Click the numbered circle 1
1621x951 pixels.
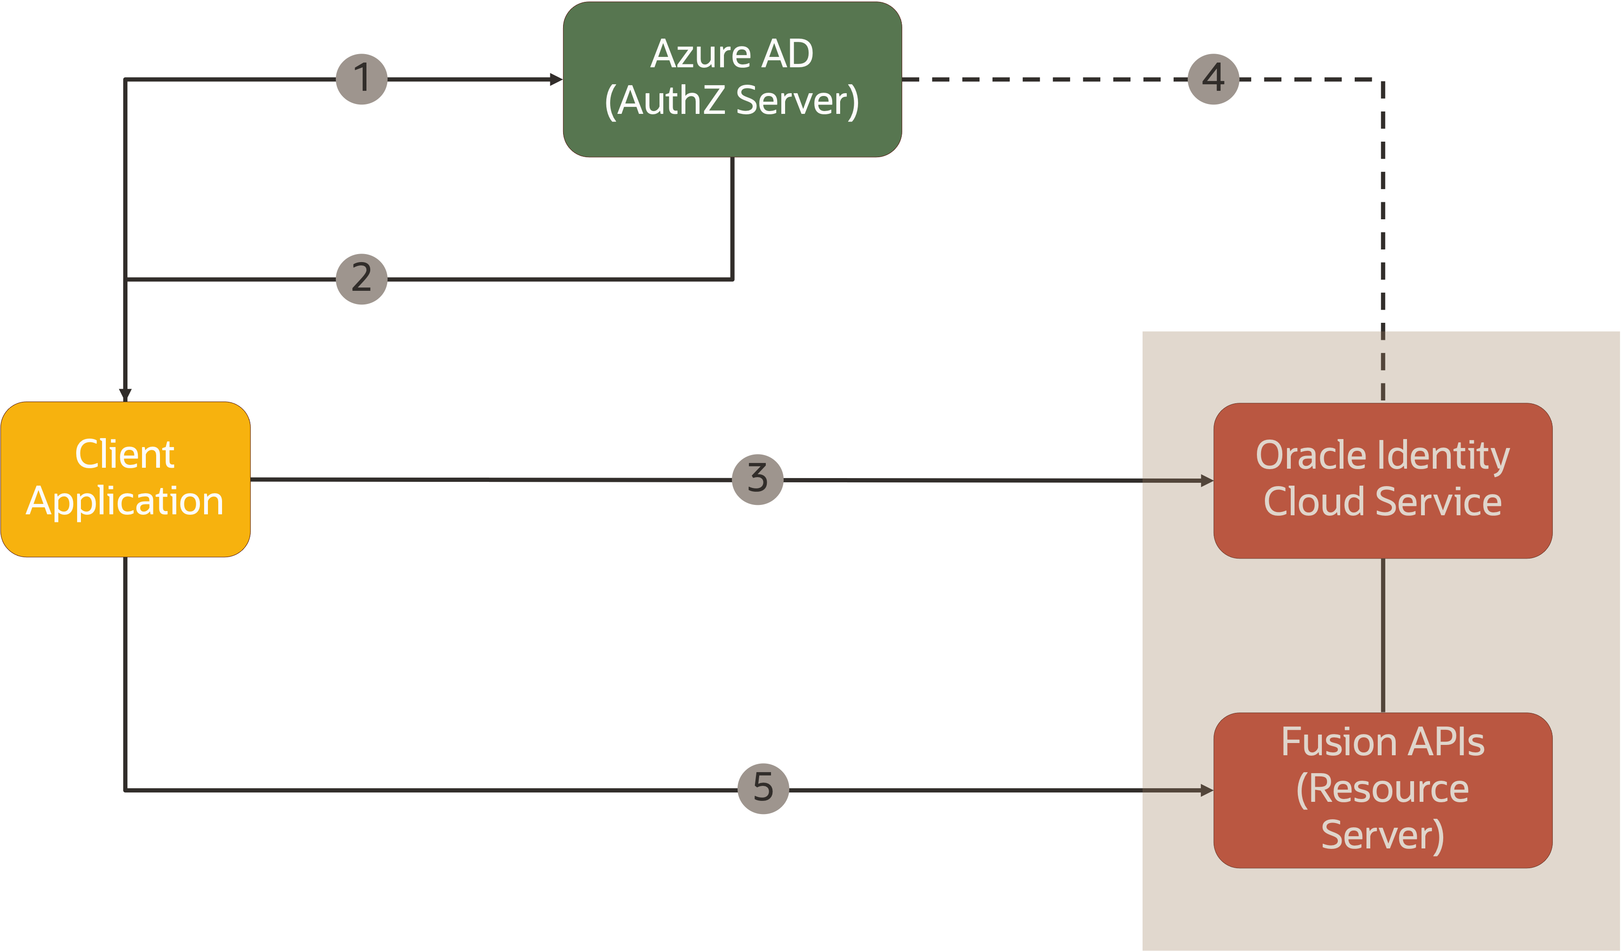point(362,79)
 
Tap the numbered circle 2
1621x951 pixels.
point(362,279)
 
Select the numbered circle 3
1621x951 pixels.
point(758,479)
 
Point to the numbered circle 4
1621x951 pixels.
point(1213,79)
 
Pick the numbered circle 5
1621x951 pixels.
point(763,788)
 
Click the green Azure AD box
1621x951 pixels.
point(732,79)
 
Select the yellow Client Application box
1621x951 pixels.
point(126,479)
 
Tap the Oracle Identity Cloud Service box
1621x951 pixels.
point(1383,480)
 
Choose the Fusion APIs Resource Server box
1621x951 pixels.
point(1383,790)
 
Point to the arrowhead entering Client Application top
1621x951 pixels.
point(126,394)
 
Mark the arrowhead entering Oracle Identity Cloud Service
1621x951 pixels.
point(1207,480)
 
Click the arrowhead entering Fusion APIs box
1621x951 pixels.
point(1207,790)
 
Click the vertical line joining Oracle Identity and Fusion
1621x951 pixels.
point(1383,635)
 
